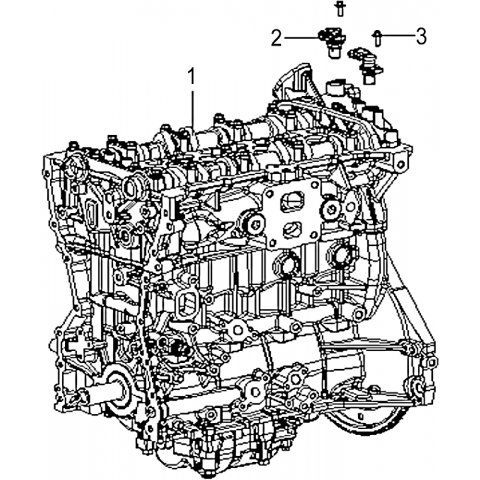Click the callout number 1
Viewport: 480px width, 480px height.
click(192, 76)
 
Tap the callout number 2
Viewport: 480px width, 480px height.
click(277, 38)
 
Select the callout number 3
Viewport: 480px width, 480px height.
click(421, 36)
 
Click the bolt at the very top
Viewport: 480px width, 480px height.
click(339, 9)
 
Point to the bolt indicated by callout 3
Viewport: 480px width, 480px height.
click(377, 37)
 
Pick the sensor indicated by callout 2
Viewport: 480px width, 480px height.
click(332, 43)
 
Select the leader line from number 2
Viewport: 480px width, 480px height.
click(301, 38)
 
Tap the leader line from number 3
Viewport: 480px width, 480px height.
click(397, 35)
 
